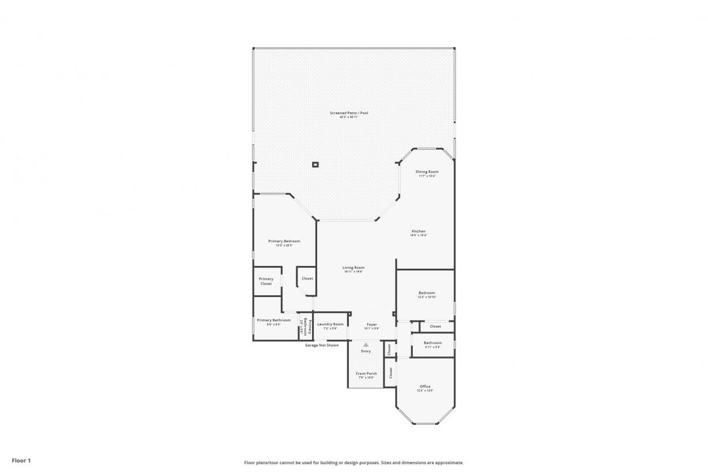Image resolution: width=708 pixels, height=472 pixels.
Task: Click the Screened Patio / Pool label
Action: [x=349, y=114]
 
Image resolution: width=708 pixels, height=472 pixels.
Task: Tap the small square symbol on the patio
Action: [x=315, y=165]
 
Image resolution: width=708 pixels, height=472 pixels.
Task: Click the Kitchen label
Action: [x=418, y=232]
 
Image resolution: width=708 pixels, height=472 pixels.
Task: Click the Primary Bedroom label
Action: [x=284, y=242]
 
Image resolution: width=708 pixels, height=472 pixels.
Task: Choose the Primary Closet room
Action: [x=266, y=281]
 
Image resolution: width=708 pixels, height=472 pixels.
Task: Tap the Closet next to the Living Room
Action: [x=307, y=278]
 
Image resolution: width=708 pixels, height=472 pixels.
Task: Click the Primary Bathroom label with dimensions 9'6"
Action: [x=273, y=321]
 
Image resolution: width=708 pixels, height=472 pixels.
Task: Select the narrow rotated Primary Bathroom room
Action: [x=305, y=326]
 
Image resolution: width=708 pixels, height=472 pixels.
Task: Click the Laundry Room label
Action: [x=330, y=325]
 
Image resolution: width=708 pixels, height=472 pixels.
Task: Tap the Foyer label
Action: [x=372, y=325]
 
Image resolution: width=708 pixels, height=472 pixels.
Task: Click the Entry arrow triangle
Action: [x=366, y=345]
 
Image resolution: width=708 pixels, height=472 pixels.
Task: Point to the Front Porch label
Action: [x=366, y=374]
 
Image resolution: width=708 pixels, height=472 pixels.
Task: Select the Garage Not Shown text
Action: [x=322, y=345]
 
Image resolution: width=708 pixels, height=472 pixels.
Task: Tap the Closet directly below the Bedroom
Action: [x=435, y=326]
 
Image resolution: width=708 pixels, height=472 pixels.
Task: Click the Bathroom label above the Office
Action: [x=433, y=344]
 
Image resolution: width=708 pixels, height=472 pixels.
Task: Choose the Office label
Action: [x=425, y=387]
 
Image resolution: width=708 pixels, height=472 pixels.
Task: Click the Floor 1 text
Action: [x=21, y=461]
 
